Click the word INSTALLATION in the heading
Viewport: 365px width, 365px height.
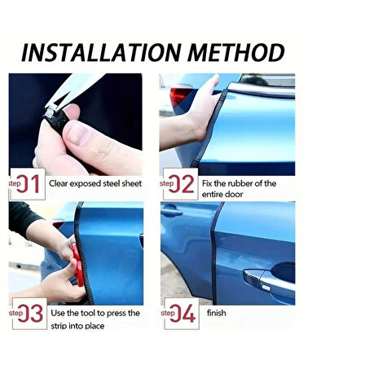pyautogui.click(x=101, y=52)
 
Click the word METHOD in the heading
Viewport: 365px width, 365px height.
pyautogui.click(x=236, y=52)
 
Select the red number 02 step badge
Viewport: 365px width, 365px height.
pyautogui.click(x=178, y=183)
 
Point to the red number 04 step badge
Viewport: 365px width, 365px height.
pyautogui.click(x=179, y=313)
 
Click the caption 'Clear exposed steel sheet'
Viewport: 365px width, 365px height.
pyautogui.click(x=95, y=183)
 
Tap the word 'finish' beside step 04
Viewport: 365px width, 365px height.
pyautogui.click(x=217, y=313)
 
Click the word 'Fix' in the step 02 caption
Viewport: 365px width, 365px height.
pyautogui.click(x=207, y=183)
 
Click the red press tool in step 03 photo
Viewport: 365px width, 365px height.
pyautogui.click(x=78, y=267)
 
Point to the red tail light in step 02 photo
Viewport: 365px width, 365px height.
pyautogui.click(x=180, y=96)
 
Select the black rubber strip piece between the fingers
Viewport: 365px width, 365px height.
pyautogui.click(x=56, y=117)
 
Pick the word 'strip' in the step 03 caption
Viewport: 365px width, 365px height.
pyautogui.click(x=59, y=326)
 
